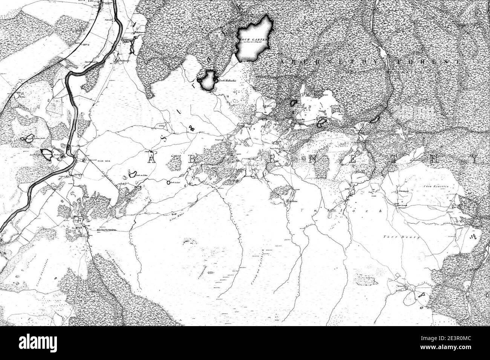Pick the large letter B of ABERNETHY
pos(191,159)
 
